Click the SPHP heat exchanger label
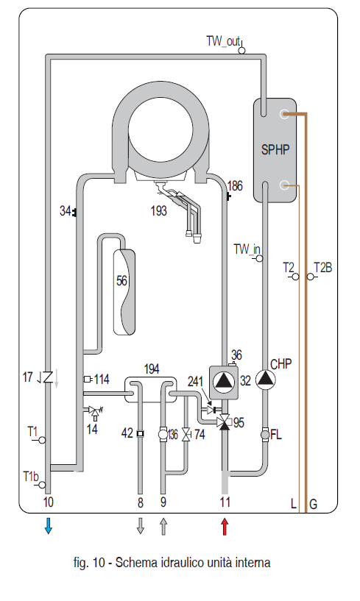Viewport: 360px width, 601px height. [x=275, y=149]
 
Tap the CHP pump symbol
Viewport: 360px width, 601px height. [x=266, y=379]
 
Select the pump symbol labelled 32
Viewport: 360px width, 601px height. [x=223, y=382]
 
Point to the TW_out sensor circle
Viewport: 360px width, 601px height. [x=241, y=50]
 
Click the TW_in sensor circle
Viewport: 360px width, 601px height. [x=259, y=258]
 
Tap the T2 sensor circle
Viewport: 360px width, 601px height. [x=295, y=277]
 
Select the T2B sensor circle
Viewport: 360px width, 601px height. [x=310, y=277]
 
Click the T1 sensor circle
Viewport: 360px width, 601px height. [x=42, y=440]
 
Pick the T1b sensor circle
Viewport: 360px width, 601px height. [x=42, y=485]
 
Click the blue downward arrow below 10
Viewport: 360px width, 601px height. [x=48, y=525]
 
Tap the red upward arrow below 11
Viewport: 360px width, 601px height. [x=225, y=526]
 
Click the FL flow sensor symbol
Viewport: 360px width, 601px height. [x=265, y=435]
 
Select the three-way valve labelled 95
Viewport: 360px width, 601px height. [x=224, y=422]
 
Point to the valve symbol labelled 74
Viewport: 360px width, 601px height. [x=186, y=434]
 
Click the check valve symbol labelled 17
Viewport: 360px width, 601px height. [x=48, y=377]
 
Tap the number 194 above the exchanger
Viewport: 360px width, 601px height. [x=152, y=369]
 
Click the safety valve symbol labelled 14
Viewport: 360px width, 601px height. [x=93, y=411]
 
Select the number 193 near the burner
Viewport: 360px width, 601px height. [x=158, y=210]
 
